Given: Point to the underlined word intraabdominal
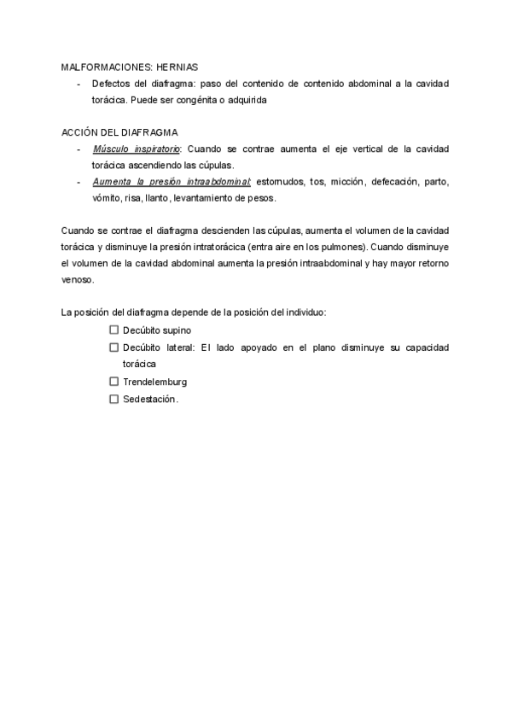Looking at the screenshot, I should [221, 182].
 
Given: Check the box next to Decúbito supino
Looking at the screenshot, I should [113, 330].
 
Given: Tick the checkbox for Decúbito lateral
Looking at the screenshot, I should [113, 347].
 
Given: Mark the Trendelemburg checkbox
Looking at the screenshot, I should [113, 382].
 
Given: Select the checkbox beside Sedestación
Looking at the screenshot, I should [113, 399].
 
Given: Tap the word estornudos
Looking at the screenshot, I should [280, 182].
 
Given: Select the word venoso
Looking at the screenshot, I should [79, 280].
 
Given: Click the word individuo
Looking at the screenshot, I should [305, 313].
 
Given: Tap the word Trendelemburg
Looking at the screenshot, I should [154, 382].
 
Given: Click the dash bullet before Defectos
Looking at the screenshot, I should [79, 83].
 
